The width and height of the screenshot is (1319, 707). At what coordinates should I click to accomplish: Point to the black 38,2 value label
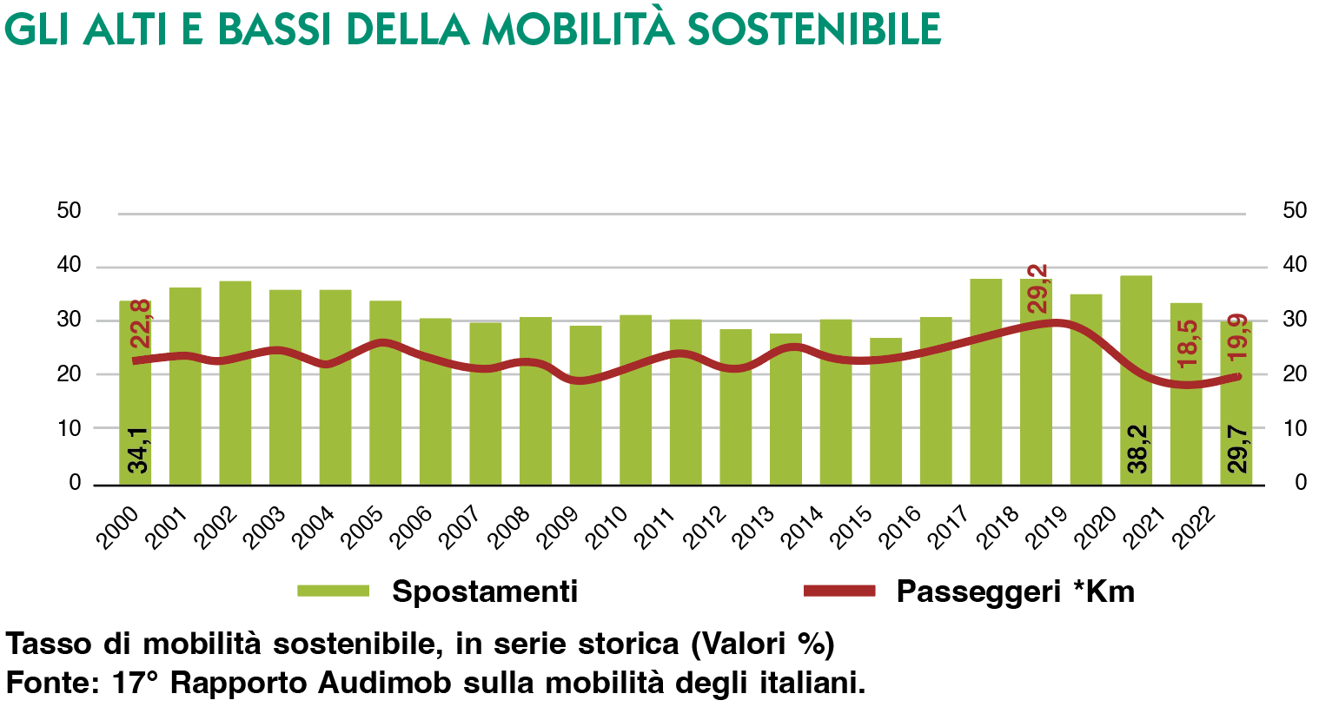click(1137, 449)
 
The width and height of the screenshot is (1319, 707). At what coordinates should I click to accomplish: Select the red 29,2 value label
click(1038, 289)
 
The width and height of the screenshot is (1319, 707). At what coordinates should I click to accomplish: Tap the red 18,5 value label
click(1188, 343)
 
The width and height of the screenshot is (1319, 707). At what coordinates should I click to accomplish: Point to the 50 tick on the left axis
click(69, 211)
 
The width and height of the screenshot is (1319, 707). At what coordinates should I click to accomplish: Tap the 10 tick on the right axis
click(1295, 428)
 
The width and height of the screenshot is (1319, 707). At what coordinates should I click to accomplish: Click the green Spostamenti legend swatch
click(334, 591)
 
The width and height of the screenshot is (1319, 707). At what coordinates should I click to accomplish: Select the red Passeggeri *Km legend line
click(838, 591)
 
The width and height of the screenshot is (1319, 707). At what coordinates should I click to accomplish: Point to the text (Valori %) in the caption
click(762, 644)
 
